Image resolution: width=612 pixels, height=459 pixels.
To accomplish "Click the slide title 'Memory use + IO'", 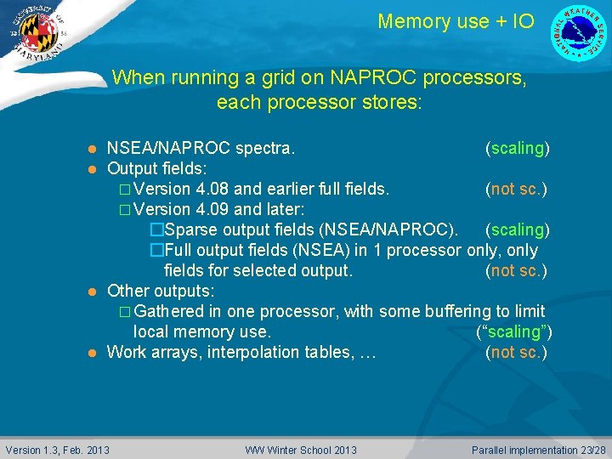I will tap(456, 21).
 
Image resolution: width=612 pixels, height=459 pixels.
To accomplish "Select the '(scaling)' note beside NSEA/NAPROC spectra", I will tap(517, 149).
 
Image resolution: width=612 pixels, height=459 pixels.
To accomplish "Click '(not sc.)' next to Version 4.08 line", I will tap(516, 189).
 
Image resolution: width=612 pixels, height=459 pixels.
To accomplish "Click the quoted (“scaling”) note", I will tap(511, 331).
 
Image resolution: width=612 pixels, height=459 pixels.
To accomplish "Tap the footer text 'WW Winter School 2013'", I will tap(301, 450).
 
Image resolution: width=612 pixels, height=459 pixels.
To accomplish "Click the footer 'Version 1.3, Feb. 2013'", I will tap(58, 450).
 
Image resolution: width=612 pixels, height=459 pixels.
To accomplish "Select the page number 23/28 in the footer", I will tap(589, 450).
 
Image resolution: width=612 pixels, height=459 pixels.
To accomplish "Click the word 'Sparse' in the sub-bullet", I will tap(190, 229).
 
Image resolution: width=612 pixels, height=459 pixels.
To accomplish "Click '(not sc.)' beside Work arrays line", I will tap(516, 352).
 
